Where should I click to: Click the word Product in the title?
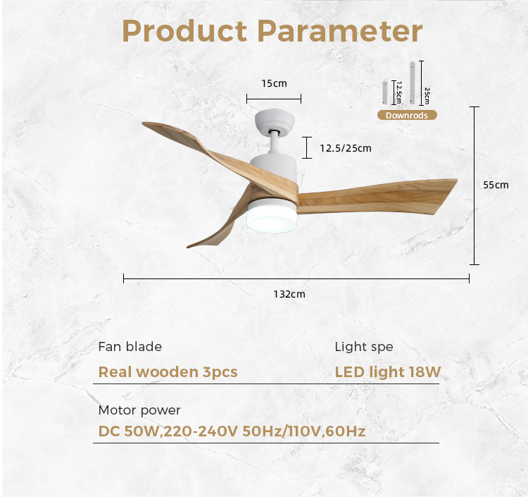pos(184,31)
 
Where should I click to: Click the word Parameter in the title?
pos(340,31)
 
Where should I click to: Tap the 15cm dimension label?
pos(274,83)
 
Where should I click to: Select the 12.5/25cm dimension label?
pos(346,148)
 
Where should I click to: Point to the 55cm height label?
pos(496,185)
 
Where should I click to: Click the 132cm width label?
pos(289,294)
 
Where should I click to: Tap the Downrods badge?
pos(407,115)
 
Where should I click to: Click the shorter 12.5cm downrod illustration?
pos(384,92)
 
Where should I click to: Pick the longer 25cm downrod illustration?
pos(412,82)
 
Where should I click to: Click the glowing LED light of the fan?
pos(272,220)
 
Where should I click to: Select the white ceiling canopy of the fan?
pos(275,121)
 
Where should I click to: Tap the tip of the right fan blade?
pos(457,180)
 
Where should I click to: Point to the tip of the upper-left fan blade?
pos(144,123)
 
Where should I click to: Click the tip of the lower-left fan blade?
pos(189,247)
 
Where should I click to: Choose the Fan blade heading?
pos(130,347)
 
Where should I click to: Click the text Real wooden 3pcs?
pos(168,372)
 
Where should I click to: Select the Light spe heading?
pos(364,347)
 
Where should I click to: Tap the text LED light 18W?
pos(388,372)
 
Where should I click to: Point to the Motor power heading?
pos(139,410)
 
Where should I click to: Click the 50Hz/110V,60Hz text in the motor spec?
pos(304,431)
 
